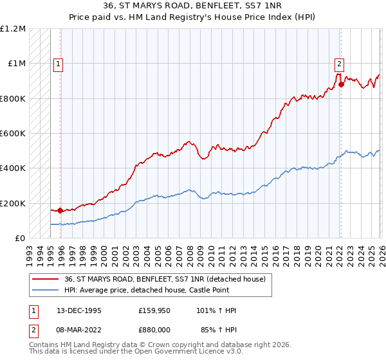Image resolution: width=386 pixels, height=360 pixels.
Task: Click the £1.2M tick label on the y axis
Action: pyautogui.click(x=13, y=29)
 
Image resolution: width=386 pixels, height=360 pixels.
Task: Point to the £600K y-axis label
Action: pyautogui.click(x=13, y=134)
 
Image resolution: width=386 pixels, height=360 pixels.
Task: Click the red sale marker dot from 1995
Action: pyautogui.click(x=60, y=210)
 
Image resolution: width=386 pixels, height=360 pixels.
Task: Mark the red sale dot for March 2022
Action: pyautogui.click(x=341, y=84)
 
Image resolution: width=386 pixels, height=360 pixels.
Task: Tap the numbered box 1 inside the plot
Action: pyautogui.click(x=59, y=64)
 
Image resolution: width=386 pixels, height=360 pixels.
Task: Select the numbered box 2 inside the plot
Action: pyautogui.click(x=339, y=64)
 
